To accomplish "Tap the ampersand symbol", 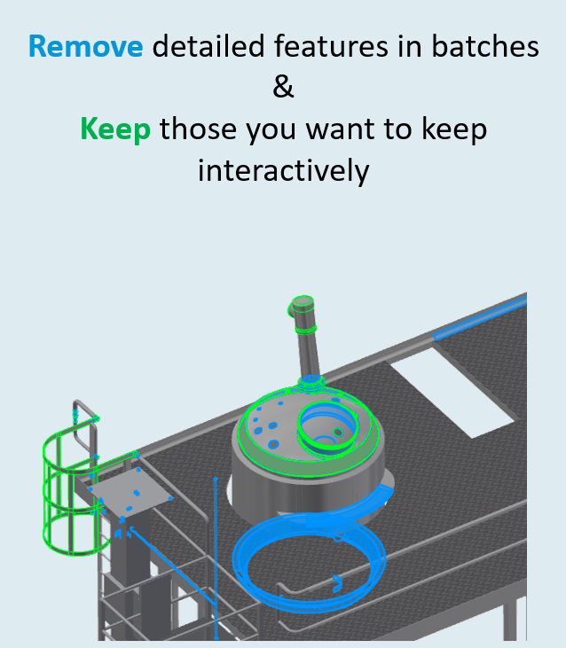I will (283, 88).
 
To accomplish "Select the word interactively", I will (283, 170).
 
